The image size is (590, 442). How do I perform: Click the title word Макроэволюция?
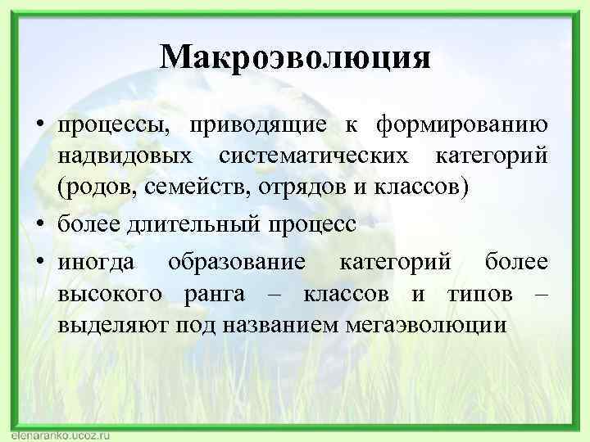coord(295,57)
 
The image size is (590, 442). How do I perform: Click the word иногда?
coord(99,263)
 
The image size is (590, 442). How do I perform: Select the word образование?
coord(238,263)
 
